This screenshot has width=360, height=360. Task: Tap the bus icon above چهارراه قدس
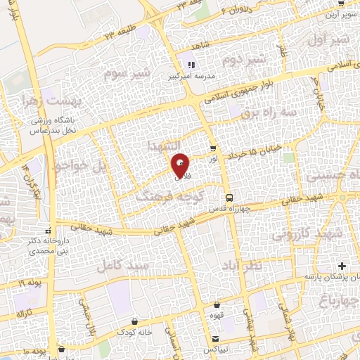click(229, 198)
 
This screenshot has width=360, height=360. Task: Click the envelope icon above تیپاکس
click(216, 340)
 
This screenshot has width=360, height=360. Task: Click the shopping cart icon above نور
click(213, 149)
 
